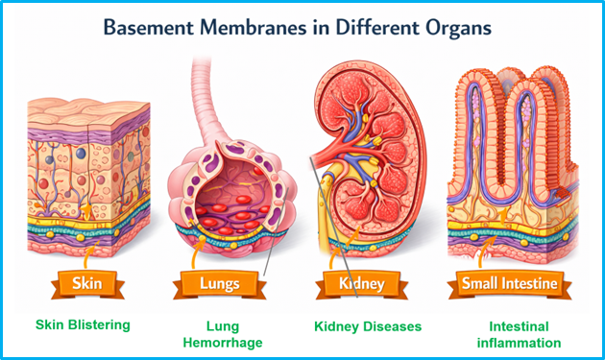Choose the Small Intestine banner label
pos(503,284)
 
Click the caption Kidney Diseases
pos(368,326)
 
